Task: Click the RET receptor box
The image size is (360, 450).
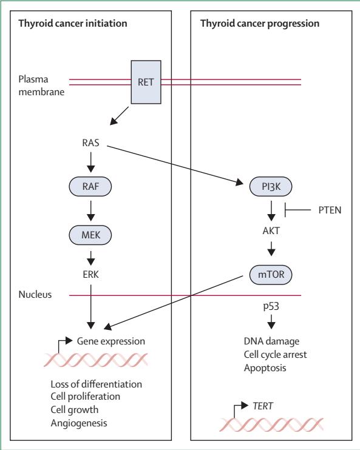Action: pyautogui.click(x=146, y=82)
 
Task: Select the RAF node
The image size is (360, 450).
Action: pyautogui.click(x=90, y=187)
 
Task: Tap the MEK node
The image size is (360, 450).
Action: pyautogui.click(x=90, y=235)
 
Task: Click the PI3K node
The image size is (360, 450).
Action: pyautogui.click(x=271, y=187)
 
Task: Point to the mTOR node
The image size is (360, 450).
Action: pyautogui.click(x=271, y=275)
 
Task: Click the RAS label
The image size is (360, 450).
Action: pyautogui.click(x=90, y=143)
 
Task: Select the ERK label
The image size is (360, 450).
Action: pyautogui.click(x=91, y=274)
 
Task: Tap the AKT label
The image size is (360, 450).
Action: pyautogui.click(x=271, y=230)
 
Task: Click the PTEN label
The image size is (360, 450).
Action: pyautogui.click(x=330, y=210)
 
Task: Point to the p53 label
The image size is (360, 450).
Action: pyautogui.click(x=271, y=306)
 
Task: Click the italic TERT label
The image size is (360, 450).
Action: pyautogui.click(x=263, y=406)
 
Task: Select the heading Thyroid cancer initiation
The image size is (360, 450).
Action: pyautogui.click(x=73, y=23)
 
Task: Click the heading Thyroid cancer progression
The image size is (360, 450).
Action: pyautogui.click(x=260, y=23)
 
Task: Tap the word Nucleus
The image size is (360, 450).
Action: pyautogui.click(x=35, y=295)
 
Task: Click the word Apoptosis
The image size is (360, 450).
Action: pyautogui.click(x=265, y=368)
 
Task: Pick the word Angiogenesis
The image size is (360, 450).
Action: pyautogui.click(x=79, y=423)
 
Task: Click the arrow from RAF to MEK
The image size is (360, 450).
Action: pyautogui.click(x=91, y=210)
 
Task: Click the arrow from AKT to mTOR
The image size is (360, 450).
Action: pyautogui.click(x=271, y=249)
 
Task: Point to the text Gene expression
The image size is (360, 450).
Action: pyautogui.click(x=111, y=341)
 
